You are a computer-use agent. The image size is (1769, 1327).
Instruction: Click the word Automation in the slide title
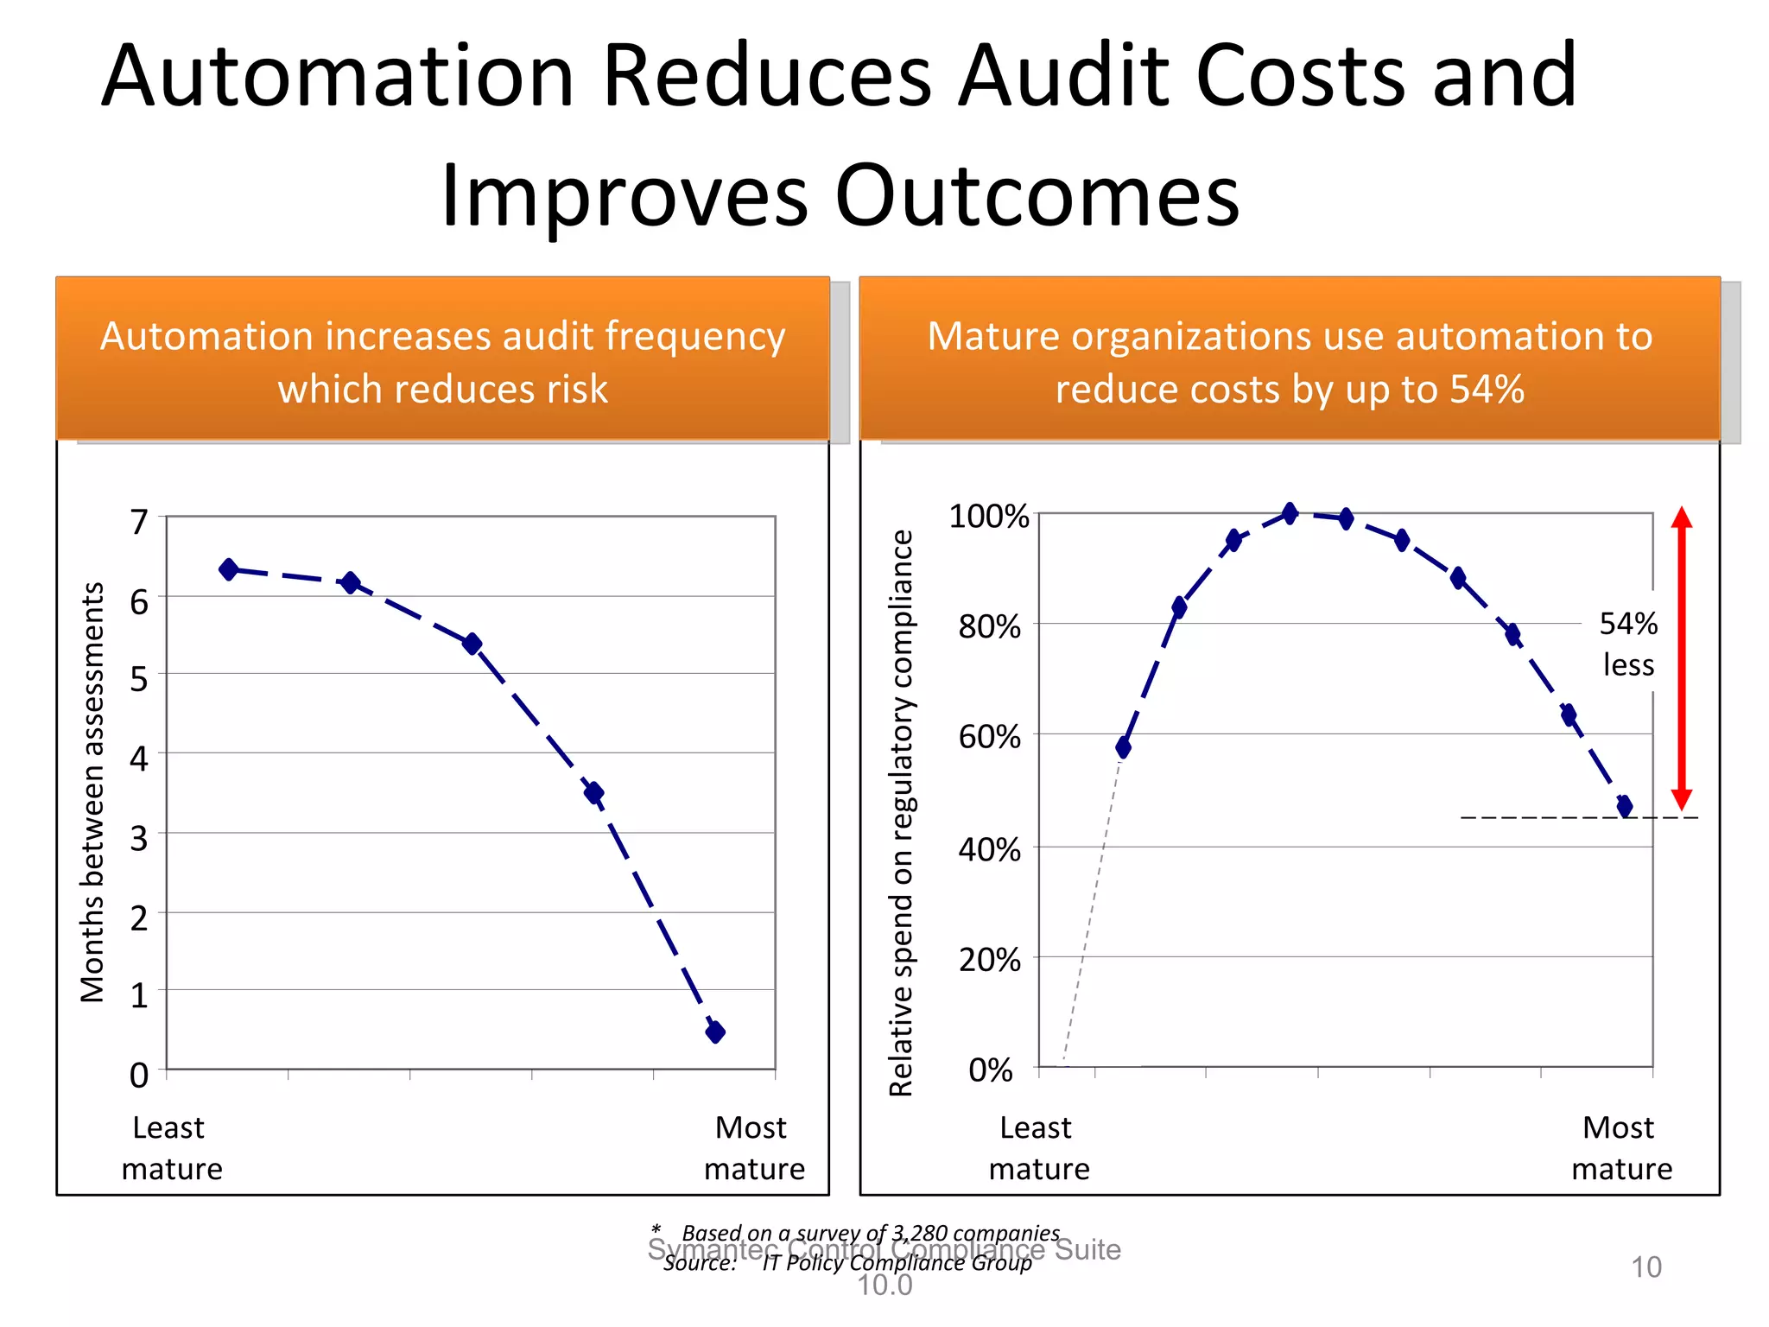[337, 78]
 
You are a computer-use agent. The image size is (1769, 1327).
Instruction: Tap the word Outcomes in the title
[1037, 197]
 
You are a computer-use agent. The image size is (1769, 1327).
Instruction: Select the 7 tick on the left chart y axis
[139, 523]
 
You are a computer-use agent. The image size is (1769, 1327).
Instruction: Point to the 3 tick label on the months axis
[139, 838]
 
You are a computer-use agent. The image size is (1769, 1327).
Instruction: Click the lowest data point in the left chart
[715, 1032]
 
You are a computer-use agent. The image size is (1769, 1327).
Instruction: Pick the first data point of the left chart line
[229, 569]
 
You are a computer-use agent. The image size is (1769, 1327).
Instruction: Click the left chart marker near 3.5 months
[593, 792]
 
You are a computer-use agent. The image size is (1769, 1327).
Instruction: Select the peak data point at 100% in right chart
[1290, 514]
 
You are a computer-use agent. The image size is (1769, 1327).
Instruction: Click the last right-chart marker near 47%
[1624, 806]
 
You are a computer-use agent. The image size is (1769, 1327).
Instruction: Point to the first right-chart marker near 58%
[1123, 747]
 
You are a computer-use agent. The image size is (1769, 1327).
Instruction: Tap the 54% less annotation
[1628, 644]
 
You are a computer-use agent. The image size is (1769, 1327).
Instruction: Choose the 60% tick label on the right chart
[989, 737]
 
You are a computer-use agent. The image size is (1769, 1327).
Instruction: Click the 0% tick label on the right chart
[990, 1070]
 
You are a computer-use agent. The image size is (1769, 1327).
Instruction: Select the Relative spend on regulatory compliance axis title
[901, 812]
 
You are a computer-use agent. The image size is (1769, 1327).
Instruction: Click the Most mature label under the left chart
[753, 1148]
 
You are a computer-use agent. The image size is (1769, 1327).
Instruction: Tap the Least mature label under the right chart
[1038, 1148]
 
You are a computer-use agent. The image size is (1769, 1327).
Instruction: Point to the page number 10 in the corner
[1645, 1267]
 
